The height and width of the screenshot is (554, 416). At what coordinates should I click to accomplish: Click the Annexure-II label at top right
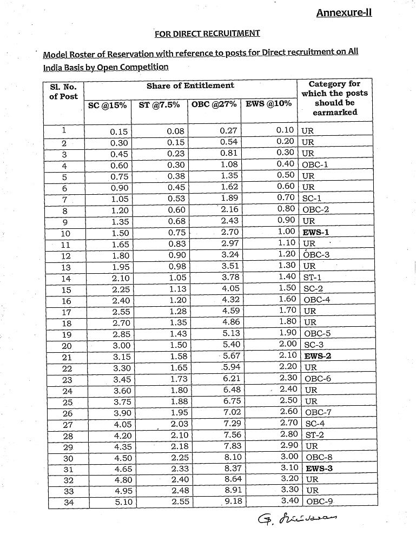pos(344,12)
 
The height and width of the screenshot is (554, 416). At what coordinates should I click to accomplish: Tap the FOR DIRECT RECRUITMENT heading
pos(207,34)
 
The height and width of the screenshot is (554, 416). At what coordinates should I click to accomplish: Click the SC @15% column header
pos(107,105)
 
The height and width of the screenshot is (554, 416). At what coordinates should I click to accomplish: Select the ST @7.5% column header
pos(159,105)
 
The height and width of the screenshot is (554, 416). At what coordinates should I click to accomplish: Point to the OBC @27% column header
pos(214,104)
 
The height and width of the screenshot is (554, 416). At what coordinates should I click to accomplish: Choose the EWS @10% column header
pos(268,103)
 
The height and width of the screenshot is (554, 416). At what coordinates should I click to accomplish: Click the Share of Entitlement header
pos(190,85)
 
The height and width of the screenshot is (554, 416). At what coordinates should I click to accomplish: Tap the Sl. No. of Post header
pos(63,91)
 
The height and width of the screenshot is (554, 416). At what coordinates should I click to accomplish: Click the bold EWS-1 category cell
pos(316,232)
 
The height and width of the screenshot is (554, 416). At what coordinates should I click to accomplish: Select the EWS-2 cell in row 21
pos(318,356)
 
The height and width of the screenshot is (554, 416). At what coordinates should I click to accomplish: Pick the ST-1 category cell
pos(313,278)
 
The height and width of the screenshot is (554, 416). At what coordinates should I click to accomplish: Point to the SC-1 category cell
pos(312,199)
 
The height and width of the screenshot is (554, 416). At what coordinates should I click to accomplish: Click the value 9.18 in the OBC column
pos(233,502)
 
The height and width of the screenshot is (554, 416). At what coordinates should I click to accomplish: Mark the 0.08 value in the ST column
pos(176,131)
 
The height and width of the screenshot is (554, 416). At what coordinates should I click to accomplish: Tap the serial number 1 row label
pos(64,130)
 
